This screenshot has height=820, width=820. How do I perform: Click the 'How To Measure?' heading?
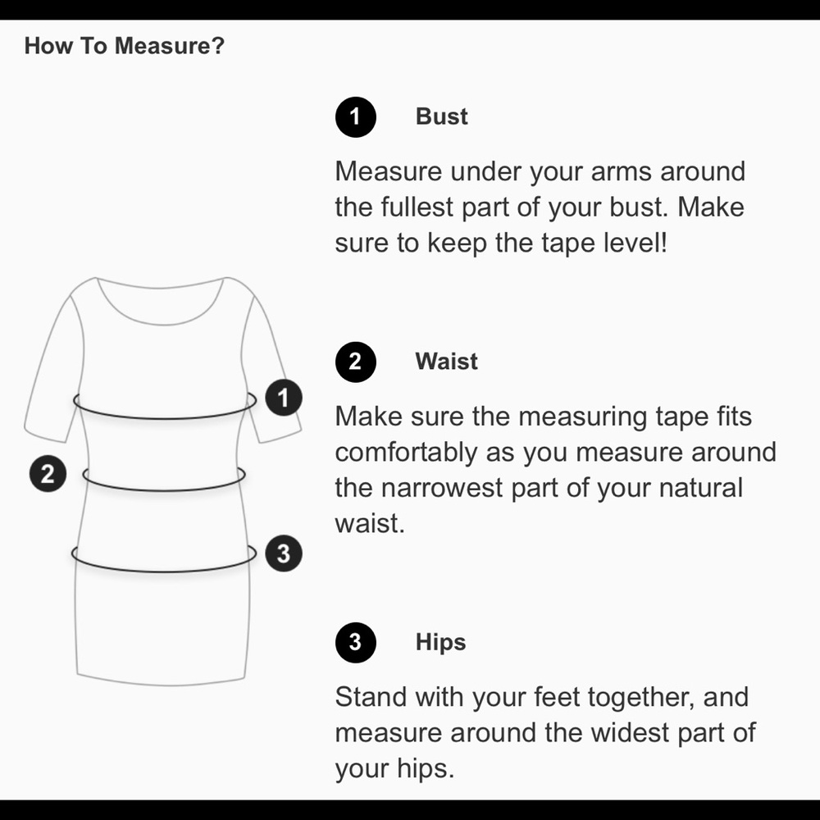point(125,45)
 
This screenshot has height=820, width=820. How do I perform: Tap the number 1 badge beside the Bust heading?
point(356,117)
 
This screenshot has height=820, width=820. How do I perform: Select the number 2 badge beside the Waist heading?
point(356,362)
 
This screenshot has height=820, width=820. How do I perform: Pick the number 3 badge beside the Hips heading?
point(356,642)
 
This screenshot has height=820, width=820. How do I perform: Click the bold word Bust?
point(441,116)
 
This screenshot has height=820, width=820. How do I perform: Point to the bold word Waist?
point(446,362)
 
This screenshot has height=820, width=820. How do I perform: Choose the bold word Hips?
point(440,643)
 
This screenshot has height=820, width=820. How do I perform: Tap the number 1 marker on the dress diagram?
point(284,398)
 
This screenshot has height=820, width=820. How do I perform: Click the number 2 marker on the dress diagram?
point(48,474)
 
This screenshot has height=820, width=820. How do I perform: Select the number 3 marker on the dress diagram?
point(284,553)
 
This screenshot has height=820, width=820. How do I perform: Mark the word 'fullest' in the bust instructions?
point(417,207)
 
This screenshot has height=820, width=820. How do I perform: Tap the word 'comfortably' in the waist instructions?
point(406,453)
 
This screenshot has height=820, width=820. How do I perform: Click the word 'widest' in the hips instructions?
point(630,732)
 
